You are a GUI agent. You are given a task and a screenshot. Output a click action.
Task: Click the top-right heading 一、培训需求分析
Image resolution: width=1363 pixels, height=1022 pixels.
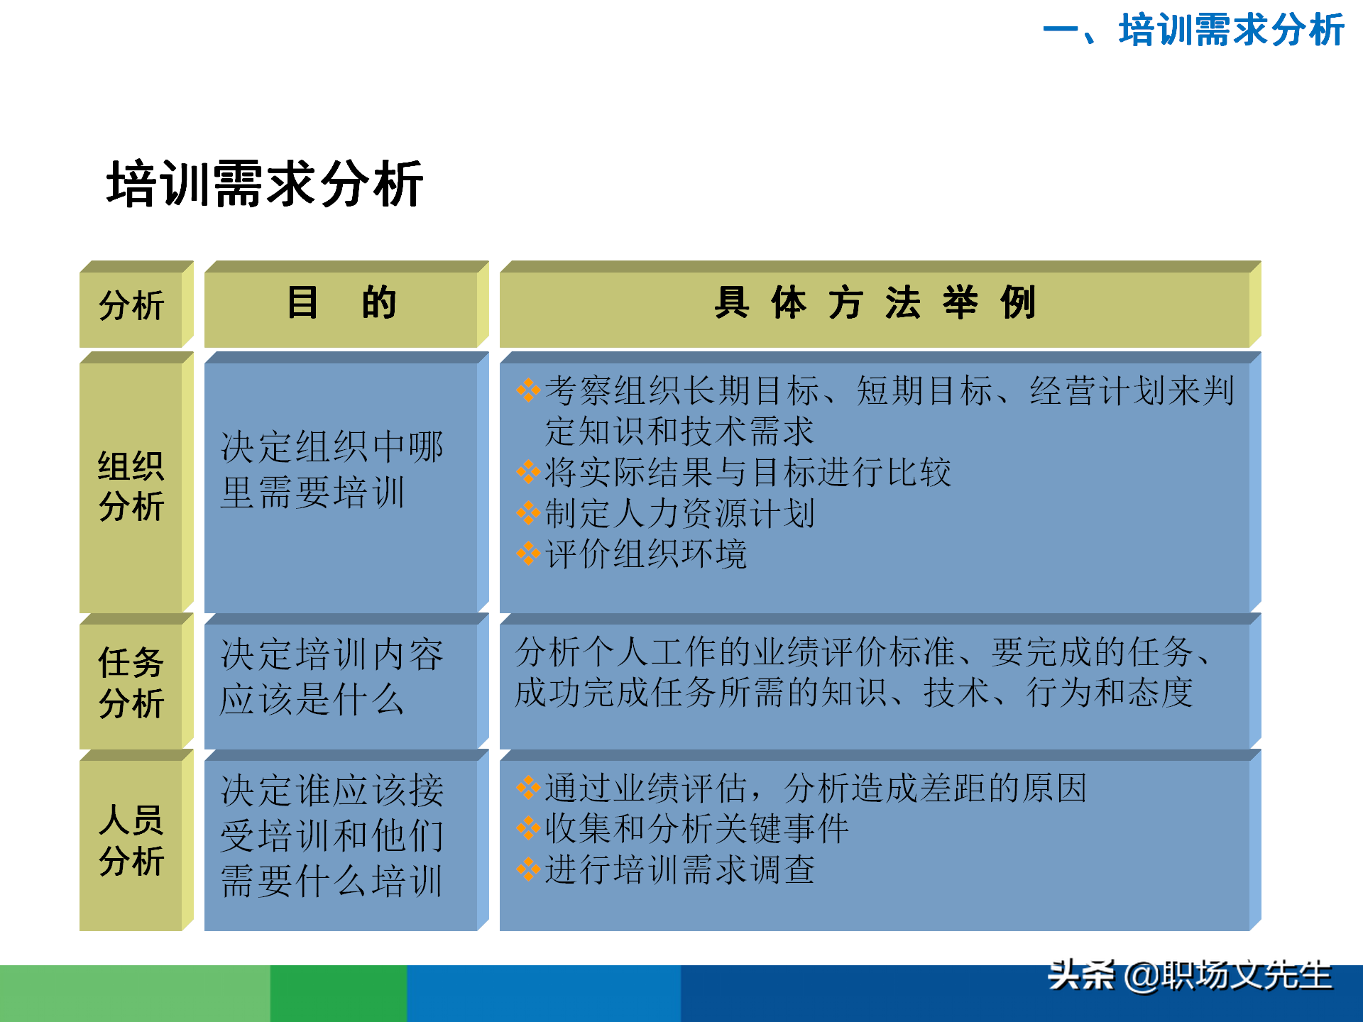pos(1193,31)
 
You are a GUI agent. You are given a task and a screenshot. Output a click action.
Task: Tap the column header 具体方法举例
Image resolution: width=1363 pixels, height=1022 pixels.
pos(875,304)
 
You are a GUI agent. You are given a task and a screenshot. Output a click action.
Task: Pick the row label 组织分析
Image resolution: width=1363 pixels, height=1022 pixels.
pos(131,487)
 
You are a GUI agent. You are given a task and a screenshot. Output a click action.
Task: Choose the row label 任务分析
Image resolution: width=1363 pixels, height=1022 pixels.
pos(131,683)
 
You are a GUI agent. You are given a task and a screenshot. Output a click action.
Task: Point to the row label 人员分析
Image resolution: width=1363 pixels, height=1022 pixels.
pos(131,841)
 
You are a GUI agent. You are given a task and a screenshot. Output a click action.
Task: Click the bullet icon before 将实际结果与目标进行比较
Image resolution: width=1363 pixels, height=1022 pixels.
pos(528,471)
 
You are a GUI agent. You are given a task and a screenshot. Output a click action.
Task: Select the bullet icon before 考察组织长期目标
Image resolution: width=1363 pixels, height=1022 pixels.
pos(528,390)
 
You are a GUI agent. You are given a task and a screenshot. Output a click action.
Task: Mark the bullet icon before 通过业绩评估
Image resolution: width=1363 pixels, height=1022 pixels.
pos(528,787)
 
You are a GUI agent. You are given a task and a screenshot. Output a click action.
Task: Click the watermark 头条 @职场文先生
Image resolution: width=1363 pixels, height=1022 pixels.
pos(1190,977)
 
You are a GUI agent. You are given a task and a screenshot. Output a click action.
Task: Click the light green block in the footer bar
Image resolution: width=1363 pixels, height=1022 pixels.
pos(135,994)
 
